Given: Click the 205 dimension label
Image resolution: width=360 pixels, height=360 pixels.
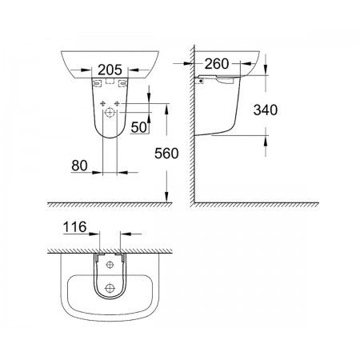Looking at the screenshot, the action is coord(110,70).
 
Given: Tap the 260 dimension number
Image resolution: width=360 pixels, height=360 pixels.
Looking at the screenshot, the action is coord(217,64).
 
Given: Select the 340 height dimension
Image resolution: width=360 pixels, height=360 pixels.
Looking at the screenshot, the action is coord(266,110).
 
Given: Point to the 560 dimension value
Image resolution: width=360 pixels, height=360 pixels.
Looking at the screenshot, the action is coord(166,154).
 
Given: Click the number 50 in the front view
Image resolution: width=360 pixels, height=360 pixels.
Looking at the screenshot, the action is coord(139,127).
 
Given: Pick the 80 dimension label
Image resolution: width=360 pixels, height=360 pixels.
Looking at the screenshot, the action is coord(79,166).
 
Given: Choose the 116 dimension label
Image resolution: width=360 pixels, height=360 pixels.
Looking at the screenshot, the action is coord(75,227).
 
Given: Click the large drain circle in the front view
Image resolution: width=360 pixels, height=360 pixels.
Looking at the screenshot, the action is coord(110,112).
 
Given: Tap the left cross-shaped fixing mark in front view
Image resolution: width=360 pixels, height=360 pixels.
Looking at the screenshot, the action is coord(102,103).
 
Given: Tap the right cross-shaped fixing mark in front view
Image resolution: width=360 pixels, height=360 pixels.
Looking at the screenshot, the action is coord(117,103).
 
